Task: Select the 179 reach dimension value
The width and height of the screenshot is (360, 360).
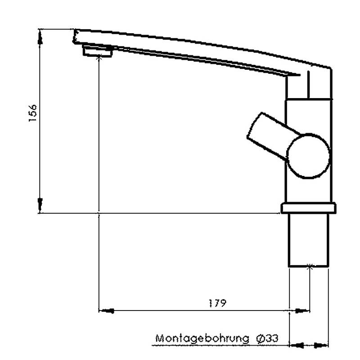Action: tap(217, 302)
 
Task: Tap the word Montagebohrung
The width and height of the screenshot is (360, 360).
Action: tap(202, 338)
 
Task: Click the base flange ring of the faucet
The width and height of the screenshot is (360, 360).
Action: tap(308, 208)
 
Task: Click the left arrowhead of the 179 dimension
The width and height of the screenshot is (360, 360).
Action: tap(106, 310)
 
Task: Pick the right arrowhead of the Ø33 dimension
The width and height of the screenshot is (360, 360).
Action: tap(321, 346)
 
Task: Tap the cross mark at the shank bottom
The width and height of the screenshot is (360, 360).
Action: tap(309, 266)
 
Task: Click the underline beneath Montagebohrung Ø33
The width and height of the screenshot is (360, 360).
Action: tap(216, 346)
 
